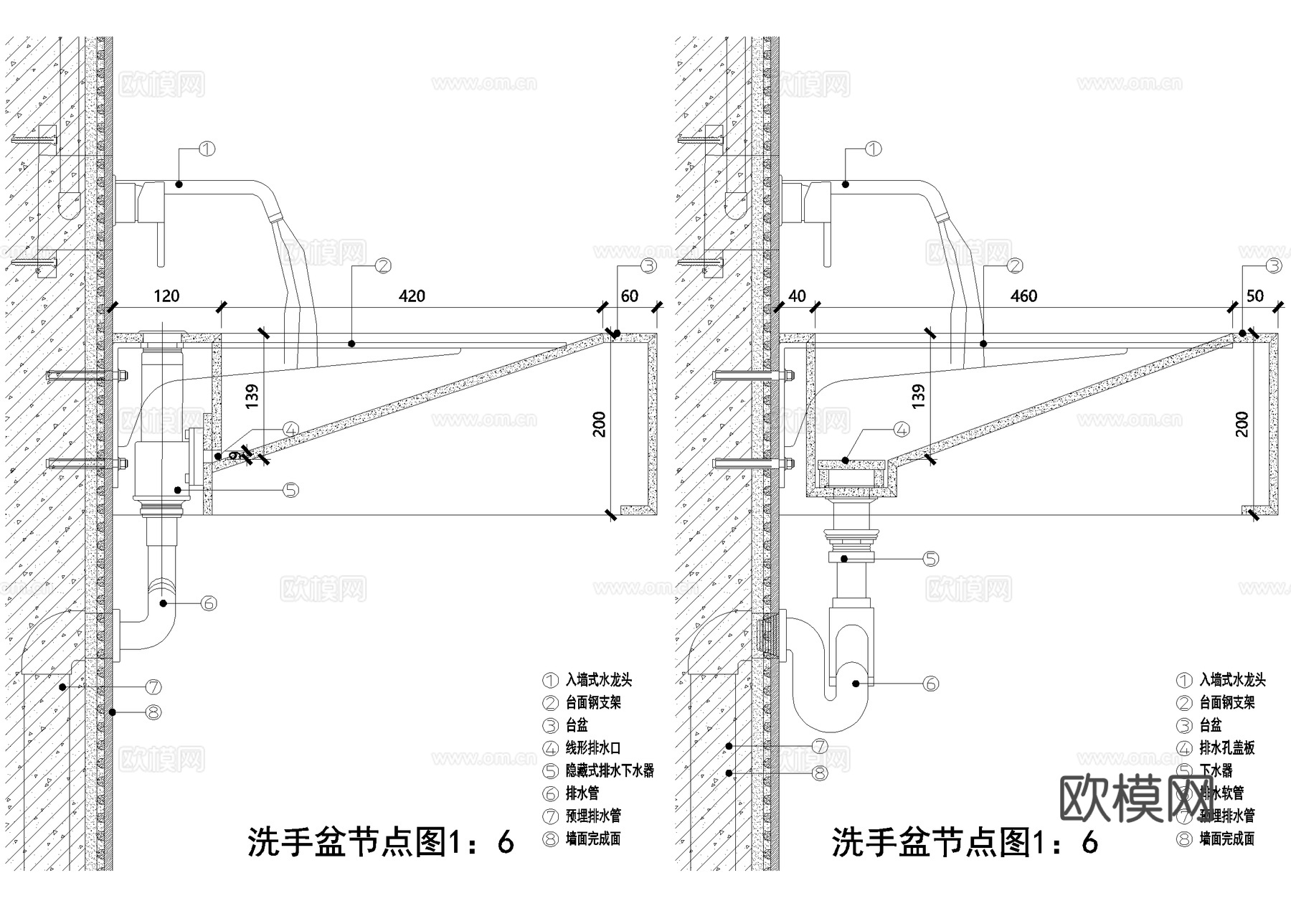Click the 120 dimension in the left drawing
(166, 296)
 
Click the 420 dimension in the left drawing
(412, 296)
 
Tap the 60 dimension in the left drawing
(629, 296)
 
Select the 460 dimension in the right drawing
(1023, 296)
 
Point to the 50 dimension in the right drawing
(1255, 296)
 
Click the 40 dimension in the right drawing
(797, 296)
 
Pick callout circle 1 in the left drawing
(207, 149)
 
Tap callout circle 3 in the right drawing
(1274, 266)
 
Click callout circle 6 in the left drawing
(209, 603)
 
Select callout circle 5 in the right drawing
(930, 559)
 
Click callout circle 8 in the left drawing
(153, 712)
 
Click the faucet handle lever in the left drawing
(159, 237)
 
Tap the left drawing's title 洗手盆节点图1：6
(381, 841)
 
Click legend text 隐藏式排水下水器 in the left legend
(610, 770)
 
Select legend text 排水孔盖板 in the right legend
(1227, 748)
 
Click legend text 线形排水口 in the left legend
(593, 748)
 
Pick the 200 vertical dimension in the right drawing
(1242, 424)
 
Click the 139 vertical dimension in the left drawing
(252, 397)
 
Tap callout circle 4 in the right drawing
(902, 429)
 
